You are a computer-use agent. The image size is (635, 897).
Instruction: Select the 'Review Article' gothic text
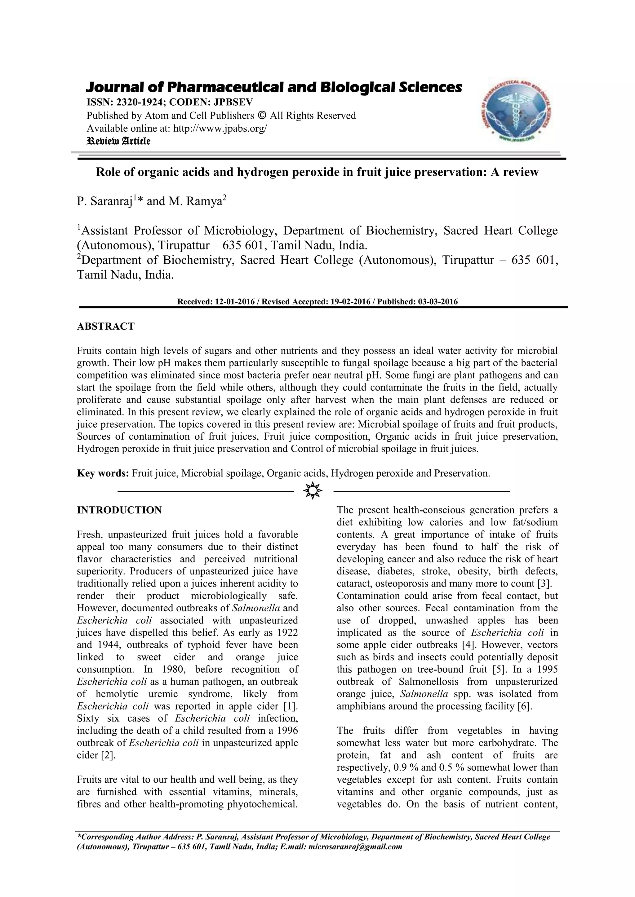[x=118, y=141]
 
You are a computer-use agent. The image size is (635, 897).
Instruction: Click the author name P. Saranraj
[x=104, y=202]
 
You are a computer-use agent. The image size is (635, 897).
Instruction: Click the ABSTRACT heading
[x=105, y=326]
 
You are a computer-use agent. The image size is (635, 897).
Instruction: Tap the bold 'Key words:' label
[x=103, y=473]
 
